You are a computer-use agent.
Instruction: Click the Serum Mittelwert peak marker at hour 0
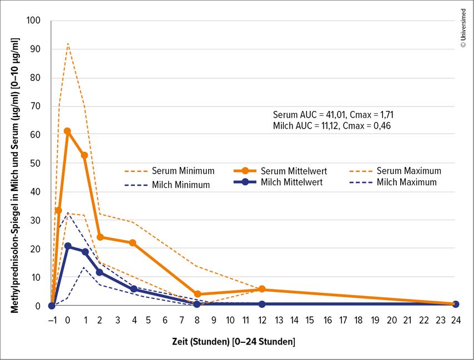(68, 131)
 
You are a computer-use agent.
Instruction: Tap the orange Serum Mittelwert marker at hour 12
(262, 289)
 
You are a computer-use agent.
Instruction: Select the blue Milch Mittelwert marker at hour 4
(133, 289)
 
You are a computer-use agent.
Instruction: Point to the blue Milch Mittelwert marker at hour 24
(456, 304)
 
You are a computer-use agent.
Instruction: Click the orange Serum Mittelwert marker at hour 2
(100, 237)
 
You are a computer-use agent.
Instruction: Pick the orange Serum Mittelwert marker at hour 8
(198, 294)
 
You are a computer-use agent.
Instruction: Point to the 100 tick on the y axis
(34, 21)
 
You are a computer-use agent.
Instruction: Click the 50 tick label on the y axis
(36, 163)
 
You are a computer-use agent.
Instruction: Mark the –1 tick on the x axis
(53, 320)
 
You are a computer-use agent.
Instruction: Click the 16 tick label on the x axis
(327, 320)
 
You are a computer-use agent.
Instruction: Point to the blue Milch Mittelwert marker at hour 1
(85, 252)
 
